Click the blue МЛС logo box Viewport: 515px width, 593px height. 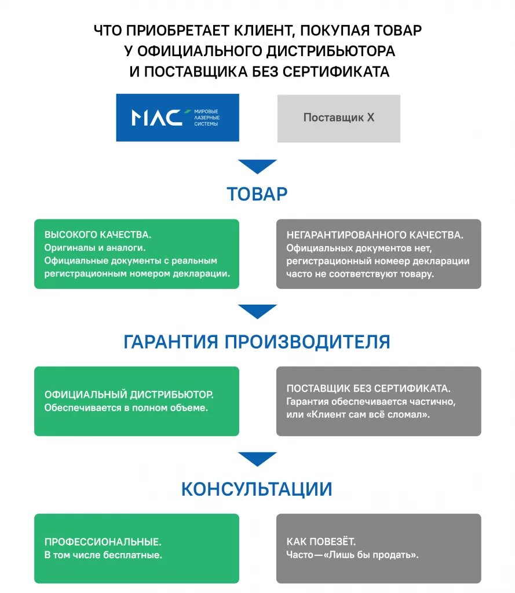[177, 118]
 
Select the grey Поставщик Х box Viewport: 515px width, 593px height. [338, 118]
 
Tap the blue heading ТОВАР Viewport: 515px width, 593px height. [257, 194]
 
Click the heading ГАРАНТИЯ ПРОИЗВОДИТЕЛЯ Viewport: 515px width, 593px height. [257, 342]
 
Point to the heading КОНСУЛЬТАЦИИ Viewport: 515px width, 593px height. [257, 489]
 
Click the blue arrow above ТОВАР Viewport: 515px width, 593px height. [257, 166]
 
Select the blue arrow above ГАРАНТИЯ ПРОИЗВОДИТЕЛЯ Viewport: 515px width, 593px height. [257, 311]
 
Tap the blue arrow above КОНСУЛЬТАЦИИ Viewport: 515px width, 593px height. [257, 459]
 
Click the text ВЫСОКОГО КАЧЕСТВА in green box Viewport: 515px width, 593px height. [97, 235]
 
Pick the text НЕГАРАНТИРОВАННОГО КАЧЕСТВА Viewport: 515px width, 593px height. [374, 235]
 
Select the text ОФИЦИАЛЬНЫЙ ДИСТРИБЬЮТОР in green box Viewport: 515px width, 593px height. [129, 394]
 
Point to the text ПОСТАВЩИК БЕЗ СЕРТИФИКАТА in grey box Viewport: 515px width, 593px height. [368, 389]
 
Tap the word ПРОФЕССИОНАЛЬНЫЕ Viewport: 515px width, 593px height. [103, 542]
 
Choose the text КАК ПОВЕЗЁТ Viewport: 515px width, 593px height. [321, 542]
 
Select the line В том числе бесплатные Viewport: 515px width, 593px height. [103, 555]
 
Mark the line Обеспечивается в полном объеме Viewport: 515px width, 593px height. [126, 408]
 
